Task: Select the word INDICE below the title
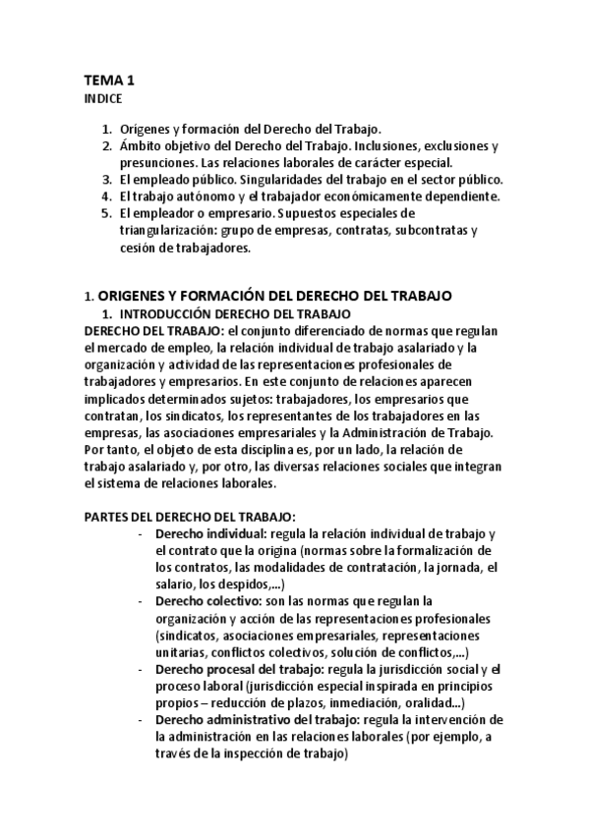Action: point(102,99)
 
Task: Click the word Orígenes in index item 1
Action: point(145,130)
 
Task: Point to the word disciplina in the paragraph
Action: point(241,449)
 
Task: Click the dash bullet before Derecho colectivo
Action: point(143,599)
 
